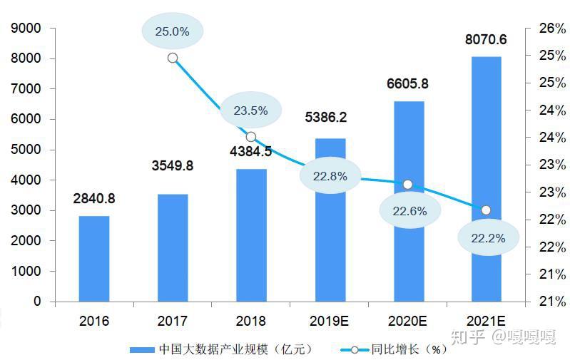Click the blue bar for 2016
(x=94, y=259)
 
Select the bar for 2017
(x=173, y=248)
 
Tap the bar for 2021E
(x=486, y=179)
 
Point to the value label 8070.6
(x=486, y=40)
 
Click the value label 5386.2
(x=326, y=118)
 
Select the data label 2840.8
(x=94, y=198)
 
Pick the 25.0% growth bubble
(x=173, y=31)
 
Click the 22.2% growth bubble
(x=488, y=238)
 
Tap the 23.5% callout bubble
(x=251, y=110)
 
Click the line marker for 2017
(x=173, y=58)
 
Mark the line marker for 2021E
(x=486, y=210)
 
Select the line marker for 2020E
(x=408, y=185)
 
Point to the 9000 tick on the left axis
(x=26, y=28)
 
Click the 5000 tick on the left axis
(x=26, y=149)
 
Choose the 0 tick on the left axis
(x=37, y=301)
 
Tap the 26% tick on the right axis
(x=553, y=28)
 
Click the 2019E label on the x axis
(x=329, y=321)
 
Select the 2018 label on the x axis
(x=251, y=321)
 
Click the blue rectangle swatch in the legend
(x=142, y=350)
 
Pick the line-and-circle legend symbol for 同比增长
(x=355, y=350)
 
